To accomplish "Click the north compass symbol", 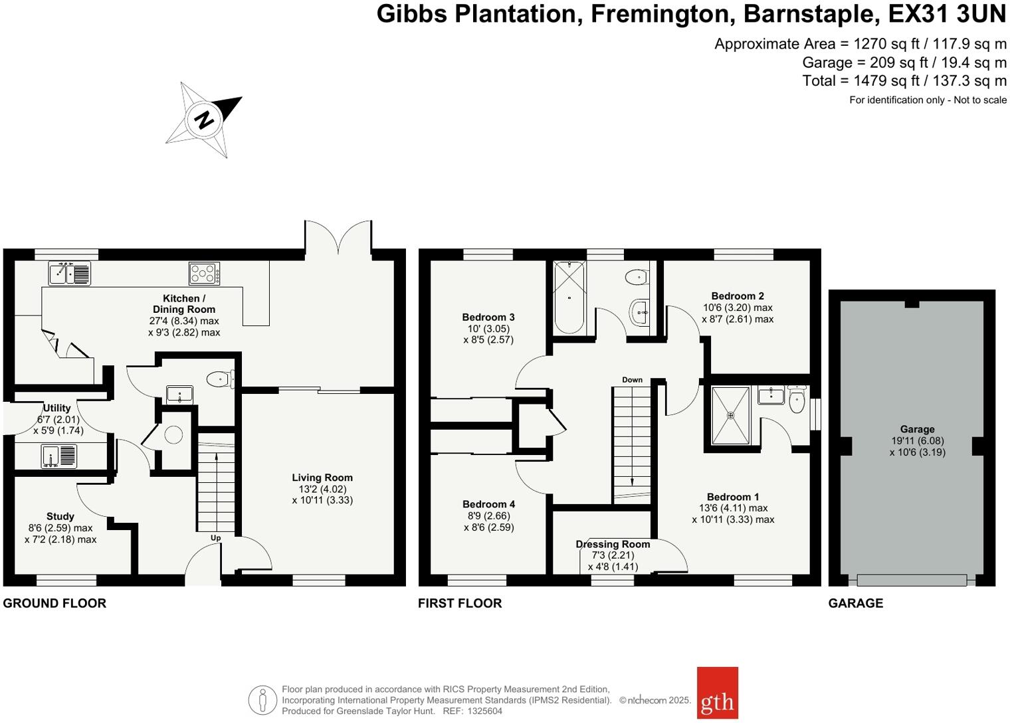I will pyautogui.click(x=204, y=120).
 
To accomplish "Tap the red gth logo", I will pyautogui.click(x=717, y=693).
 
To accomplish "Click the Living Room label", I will pyautogui.click(x=322, y=478).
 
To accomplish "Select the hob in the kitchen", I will pyautogui.click(x=204, y=273).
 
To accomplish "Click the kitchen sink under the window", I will pyautogui.click(x=70, y=273).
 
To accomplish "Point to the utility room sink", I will pyautogui.click(x=59, y=456).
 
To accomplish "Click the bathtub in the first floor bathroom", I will pyautogui.click(x=569, y=297).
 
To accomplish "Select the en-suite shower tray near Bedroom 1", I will pyautogui.click(x=730, y=415).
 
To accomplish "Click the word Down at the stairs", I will pyautogui.click(x=632, y=380).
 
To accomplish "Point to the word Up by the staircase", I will pyautogui.click(x=215, y=538).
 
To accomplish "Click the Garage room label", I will pyautogui.click(x=917, y=429).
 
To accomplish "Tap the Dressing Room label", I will pyautogui.click(x=613, y=544).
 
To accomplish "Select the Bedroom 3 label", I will pyautogui.click(x=488, y=318).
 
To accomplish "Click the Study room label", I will pyautogui.click(x=60, y=516).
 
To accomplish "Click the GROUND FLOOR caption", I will pyautogui.click(x=54, y=603).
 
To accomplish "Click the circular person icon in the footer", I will pyautogui.click(x=262, y=700).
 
